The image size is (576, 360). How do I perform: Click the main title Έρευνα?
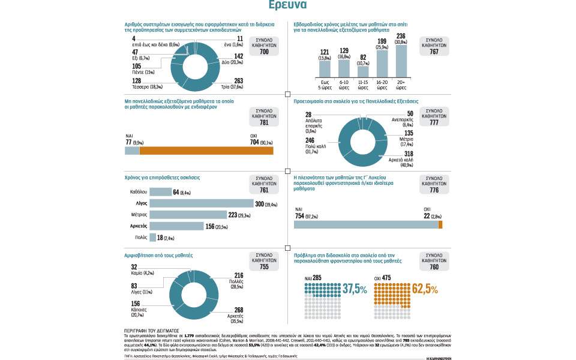click(x=288, y=5)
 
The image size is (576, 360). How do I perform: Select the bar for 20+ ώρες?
click(x=401, y=61)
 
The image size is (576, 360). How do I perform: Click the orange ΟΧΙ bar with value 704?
click(x=206, y=151)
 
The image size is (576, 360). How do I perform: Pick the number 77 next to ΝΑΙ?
click(x=128, y=143)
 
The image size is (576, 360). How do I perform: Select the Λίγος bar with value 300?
click(x=201, y=203)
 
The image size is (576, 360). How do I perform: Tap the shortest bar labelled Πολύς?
click(x=152, y=238)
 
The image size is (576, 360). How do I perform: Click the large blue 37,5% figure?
click(x=355, y=289)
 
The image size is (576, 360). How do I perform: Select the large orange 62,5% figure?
click(x=425, y=289)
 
